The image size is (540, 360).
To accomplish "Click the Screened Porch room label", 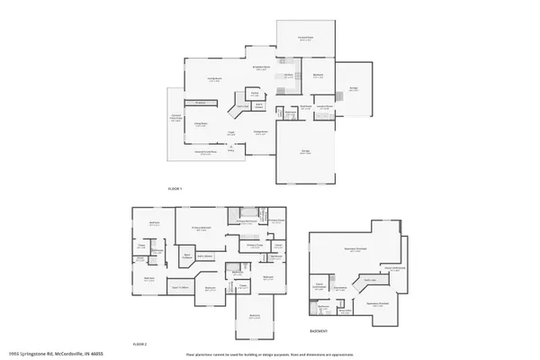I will pyautogui.click(x=303, y=38).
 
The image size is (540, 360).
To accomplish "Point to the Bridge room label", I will pyautogui.click(x=353, y=89).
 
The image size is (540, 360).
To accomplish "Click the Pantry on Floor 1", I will pyautogui.click(x=255, y=93).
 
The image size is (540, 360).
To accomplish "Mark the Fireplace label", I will pyautogui.click(x=200, y=103).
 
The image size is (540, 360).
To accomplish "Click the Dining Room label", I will pyautogui.click(x=260, y=132).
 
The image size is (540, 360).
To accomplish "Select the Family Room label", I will pyautogui.click(x=216, y=79).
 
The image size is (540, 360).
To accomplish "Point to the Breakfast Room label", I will pyautogui.click(x=261, y=67).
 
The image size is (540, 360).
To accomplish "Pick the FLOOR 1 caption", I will pyautogui.click(x=175, y=188).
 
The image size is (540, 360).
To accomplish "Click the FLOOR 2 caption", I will pyautogui.click(x=139, y=344).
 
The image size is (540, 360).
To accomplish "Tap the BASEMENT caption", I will pyautogui.click(x=319, y=331).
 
